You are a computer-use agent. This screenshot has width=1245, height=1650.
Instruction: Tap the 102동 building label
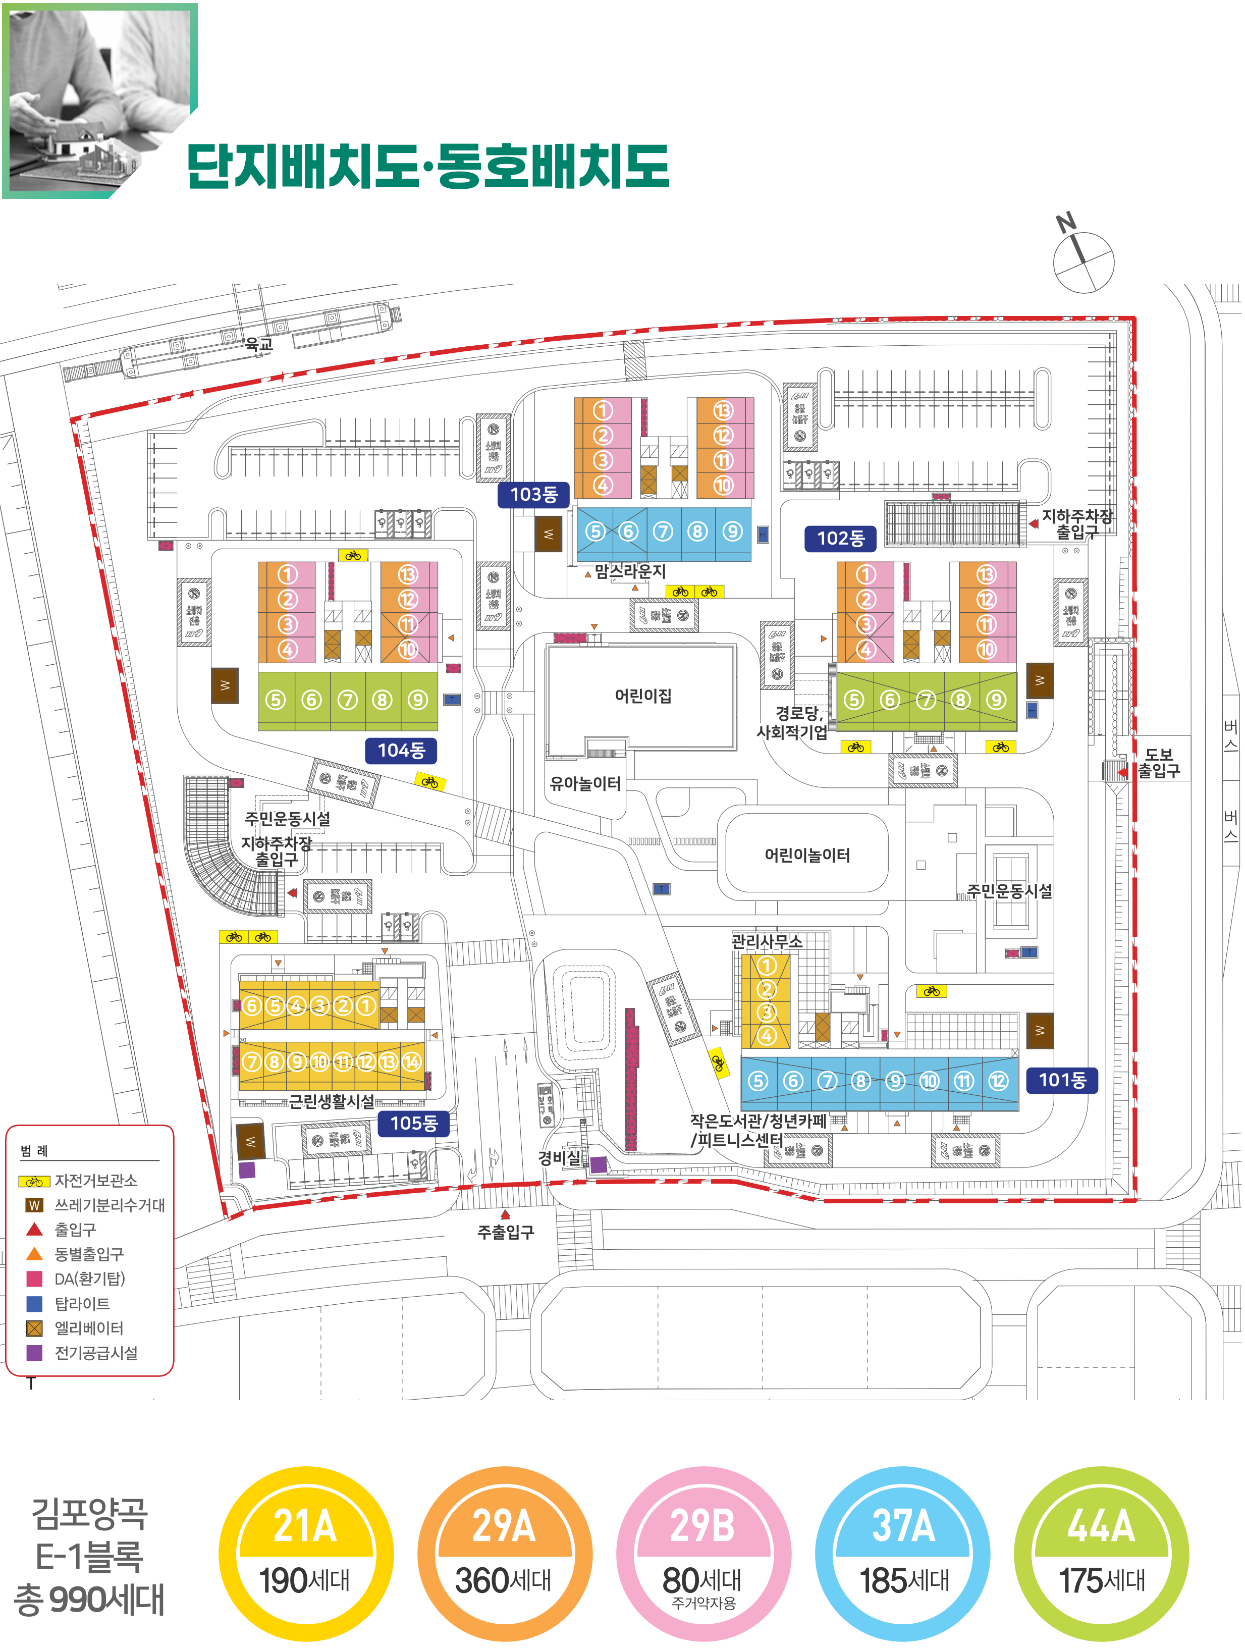pos(840,538)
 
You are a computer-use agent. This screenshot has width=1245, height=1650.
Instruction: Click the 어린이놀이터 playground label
pos(807,855)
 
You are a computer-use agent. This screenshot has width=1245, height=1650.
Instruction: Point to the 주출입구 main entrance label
pos(506,1232)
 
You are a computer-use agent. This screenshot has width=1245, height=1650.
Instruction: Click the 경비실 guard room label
pos(559,1158)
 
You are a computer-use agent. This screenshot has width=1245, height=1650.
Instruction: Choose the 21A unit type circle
pos(305,1555)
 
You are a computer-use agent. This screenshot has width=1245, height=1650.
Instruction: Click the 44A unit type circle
pos(1101,1555)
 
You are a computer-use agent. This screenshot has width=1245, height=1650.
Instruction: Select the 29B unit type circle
pos(702,1555)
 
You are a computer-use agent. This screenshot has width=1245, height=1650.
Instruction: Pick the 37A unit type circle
pos(903,1555)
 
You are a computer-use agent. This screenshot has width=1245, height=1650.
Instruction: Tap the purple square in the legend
pos(34,1352)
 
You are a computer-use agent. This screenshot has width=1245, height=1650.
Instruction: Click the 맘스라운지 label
pos(630,571)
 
